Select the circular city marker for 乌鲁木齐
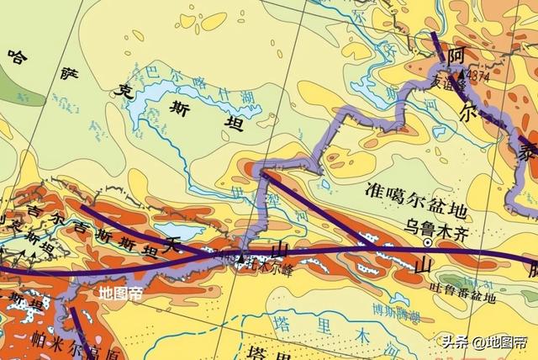[x=430, y=242]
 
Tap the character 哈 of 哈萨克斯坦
[x=18, y=58]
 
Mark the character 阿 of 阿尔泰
[x=457, y=55]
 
